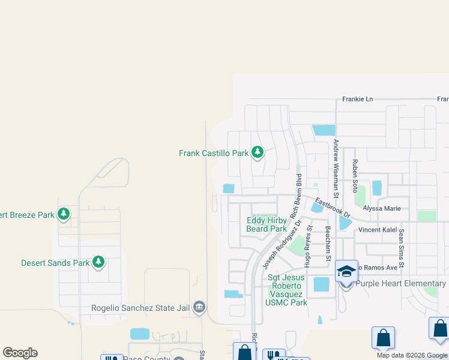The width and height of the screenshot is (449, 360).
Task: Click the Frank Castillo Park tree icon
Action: (x=258, y=152)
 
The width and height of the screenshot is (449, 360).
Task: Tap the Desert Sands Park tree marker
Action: (x=98, y=262)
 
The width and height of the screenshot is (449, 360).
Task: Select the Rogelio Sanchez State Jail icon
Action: (x=199, y=308)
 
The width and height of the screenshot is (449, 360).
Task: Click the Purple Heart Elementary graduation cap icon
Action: (x=346, y=272)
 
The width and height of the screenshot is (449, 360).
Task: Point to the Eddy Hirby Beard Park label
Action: (x=267, y=224)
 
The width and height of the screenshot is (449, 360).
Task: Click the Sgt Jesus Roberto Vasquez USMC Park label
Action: (x=286, y=290)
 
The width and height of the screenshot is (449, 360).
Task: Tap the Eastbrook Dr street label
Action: (x=333, y=206)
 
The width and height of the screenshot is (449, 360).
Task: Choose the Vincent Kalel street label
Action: (x=379, y=230)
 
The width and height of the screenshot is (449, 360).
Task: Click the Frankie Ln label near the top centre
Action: (x=358, y=99)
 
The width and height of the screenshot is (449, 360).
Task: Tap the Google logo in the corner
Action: (x=20, y=353)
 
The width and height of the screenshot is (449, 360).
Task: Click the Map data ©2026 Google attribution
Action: (x=412, y=355)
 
